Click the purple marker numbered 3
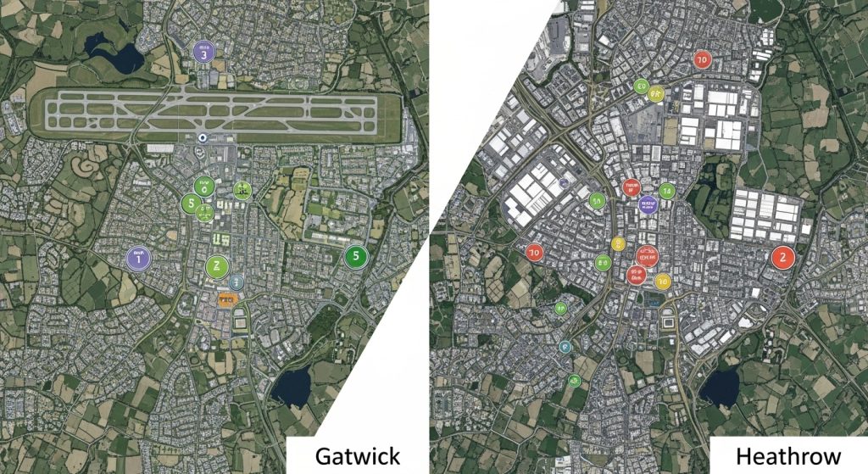pyautogui.click(x=204, y=53)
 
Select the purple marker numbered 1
pyautogui.click(x=136, y=259)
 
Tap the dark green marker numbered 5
pyautogui.click(x=356, y=255)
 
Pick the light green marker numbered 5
pyautogui.click(x=192, y=204)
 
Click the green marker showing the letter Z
pyautogui.click(x=218, y=266)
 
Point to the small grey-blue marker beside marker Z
pyautogui.click(x=236, y=281)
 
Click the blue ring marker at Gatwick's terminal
pyautogui.click(x=202, y=138)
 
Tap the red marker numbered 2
pyautogui.click(x=782, y=257)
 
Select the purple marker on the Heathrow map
pyautogui.click(x=648, y=203)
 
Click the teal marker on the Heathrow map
pyautogui.click(x=565, y=345)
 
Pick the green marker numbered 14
pyautogui.click(x=667, y=192)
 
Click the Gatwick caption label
pyautogui.click(x=357, y=455)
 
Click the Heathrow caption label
pyautogui.click(x=788, y=455)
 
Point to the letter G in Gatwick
pyautogui.click(x=324, y=455)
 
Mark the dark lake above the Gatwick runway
pyautogui.click(x=119, y=55)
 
